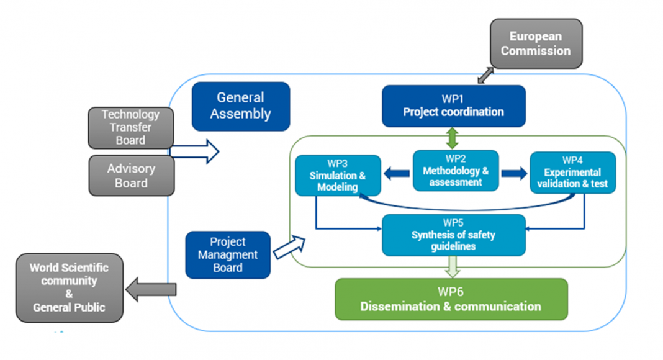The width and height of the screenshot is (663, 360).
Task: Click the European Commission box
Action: tap(536, 43)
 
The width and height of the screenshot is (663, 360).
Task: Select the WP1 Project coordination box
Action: tap(453, 106)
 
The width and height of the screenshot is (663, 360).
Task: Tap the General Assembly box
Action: tap(241, 106)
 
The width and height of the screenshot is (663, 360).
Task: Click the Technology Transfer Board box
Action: tap(130, 127)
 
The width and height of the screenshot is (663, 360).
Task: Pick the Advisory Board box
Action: tap(131, 176)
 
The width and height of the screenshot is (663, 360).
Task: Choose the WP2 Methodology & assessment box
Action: tap(456, 170)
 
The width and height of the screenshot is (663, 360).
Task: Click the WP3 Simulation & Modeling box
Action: tap(337, 175)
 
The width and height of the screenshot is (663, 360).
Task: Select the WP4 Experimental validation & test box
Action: tap(572, 173)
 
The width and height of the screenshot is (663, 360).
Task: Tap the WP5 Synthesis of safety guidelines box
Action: tap(453, 235)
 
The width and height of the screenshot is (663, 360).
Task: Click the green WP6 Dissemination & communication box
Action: tap(451, 299)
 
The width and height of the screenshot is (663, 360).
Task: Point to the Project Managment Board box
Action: tap(228, 254)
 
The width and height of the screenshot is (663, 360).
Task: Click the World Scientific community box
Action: tap(69, 287)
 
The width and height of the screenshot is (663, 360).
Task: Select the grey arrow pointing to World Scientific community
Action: tap(151, 289)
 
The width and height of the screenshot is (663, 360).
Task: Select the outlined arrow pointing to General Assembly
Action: tap(195, 151)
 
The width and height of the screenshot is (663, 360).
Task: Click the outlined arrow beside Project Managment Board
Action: tap(290, 246)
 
